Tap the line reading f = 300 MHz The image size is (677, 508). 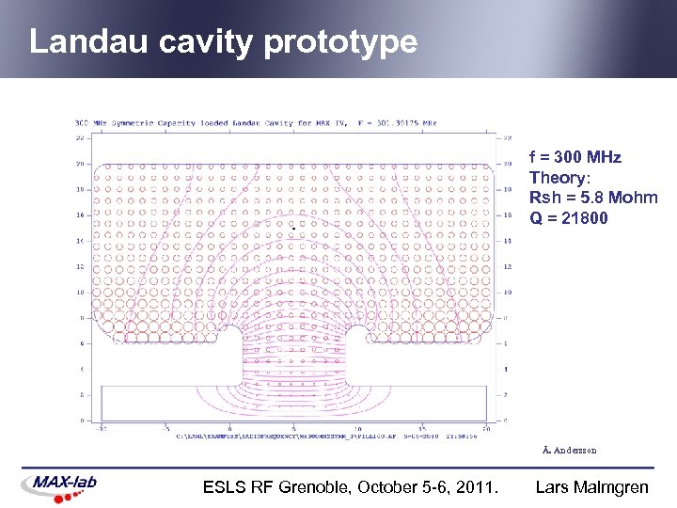coord(575,156)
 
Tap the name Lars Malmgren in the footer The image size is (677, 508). coord(591,487)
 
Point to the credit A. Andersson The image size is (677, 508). coord(570,450)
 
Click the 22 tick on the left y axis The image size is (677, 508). coord(80,138)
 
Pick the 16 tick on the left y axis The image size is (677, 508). coord(80,215)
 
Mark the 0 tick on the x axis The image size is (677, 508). coord(229,428)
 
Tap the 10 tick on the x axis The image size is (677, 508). coord(358,428)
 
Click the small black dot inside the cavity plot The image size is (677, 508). coord(292,229)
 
